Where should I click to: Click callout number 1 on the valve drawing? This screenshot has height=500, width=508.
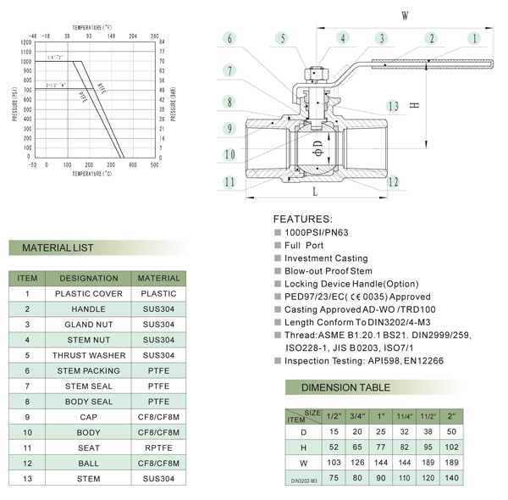point(475,37)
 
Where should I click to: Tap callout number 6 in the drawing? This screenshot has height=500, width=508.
point(230,38)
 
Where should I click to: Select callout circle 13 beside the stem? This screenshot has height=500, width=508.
point(392,106)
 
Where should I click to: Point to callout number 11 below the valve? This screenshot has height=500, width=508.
point(229,181)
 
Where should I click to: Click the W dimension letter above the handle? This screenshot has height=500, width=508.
point(405,14)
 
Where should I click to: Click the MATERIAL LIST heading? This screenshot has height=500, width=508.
point(58,248)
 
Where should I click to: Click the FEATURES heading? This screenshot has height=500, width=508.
point(302,219)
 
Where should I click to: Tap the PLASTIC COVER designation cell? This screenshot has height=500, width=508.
point(89,293)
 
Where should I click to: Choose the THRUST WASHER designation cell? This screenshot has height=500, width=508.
point(89,354)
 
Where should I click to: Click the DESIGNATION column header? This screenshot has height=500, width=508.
point(89,278)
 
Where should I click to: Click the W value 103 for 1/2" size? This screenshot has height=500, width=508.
point(333,462)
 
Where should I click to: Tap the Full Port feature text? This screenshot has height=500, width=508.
point(299,245)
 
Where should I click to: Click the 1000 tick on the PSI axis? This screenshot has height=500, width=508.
point(25,62)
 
